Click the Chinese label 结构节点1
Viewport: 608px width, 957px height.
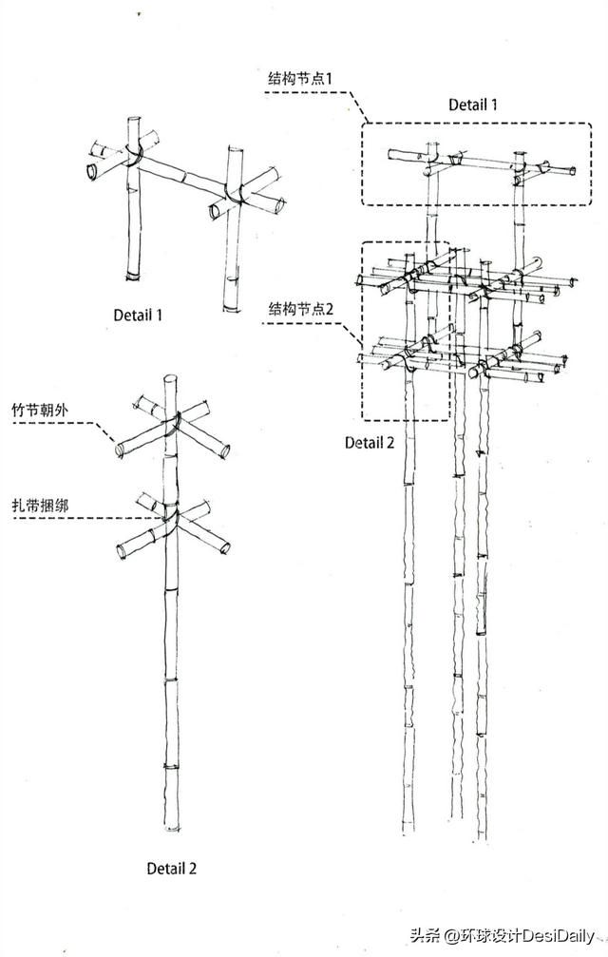[300, 79]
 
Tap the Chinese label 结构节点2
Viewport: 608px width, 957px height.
[301, 309]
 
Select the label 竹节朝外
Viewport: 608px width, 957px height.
[40, 411]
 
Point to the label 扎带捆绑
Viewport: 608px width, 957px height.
[40, 506]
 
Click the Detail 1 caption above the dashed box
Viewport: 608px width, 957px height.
[472, 105]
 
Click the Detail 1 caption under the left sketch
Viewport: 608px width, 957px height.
[138, 315]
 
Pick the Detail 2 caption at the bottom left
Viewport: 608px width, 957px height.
[171, 868]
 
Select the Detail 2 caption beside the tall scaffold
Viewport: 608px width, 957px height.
[370, 443]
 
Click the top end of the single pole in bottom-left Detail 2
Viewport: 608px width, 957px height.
[171, 378]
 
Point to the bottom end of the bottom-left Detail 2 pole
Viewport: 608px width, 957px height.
[172, 828]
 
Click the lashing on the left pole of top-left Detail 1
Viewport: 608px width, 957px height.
[134, 156]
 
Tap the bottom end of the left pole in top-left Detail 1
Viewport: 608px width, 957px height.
[133, 278]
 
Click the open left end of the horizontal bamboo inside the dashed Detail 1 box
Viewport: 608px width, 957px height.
[390, 154]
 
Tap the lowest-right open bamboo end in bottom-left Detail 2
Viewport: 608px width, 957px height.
[225, 547]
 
